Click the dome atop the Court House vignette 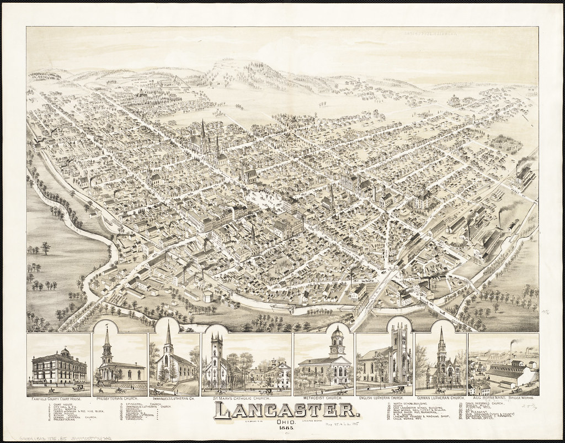[x=65, y=351]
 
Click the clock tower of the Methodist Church [x=337, y=342]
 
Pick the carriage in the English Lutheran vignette [x=396, y=389]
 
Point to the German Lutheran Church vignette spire [x=441, y=337]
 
